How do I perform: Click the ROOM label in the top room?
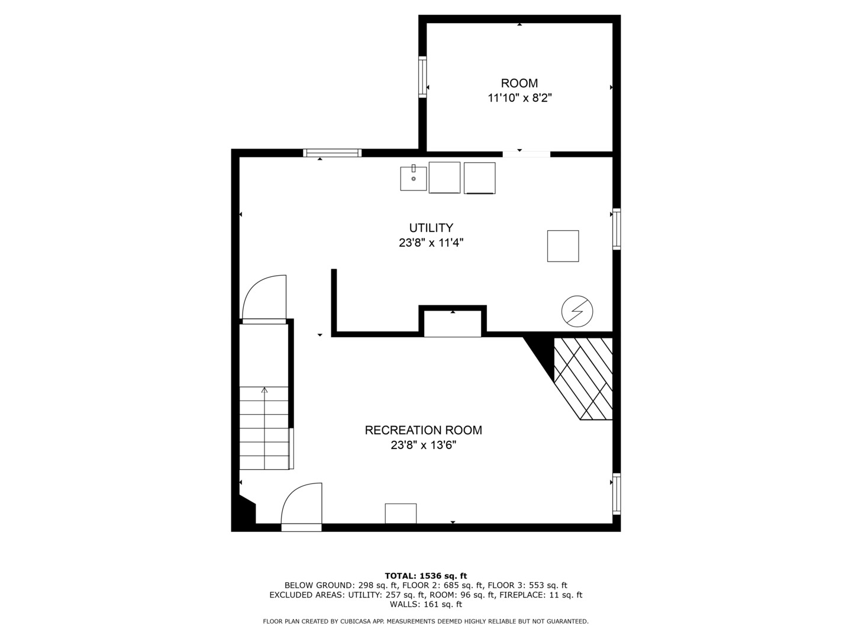pyautogui.click(x=519, y=83)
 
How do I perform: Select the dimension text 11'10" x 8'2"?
pyautogui.click(x=519, y=98)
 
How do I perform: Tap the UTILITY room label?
pyautogui.click(x=431, y=228)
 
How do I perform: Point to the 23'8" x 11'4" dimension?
pyautogui.click(x=431, y=243)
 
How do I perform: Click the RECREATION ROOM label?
pyautogui.click(x=423, y=430)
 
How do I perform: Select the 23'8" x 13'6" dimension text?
pyautogui.click(x=423, y=445)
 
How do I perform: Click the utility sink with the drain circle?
pyautogui.click(x=413, y=178)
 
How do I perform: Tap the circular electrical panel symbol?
pyautogui.click(x=577, y=311)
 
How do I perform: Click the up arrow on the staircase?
pyautogui.click(x=264, y=390)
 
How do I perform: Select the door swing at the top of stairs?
pyautogui.click(x=264, y=299)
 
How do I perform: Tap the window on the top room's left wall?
pyautogui.click(x=422, y=76)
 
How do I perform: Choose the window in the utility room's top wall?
pyautogui.click(x=332, y=153)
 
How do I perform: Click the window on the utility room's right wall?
pyautogui.click(x=616, y=229)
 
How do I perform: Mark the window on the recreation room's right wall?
pyautogui.click(x=616, y=493)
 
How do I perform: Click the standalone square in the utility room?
pyautogui.click(x=563, y=246)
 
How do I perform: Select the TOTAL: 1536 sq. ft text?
pyautogui.click(x=425, y=576)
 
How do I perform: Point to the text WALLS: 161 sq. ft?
pyautogui.click(x=425, y=604)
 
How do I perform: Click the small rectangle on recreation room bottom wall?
pyautogui.click(x=401, y=513)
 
